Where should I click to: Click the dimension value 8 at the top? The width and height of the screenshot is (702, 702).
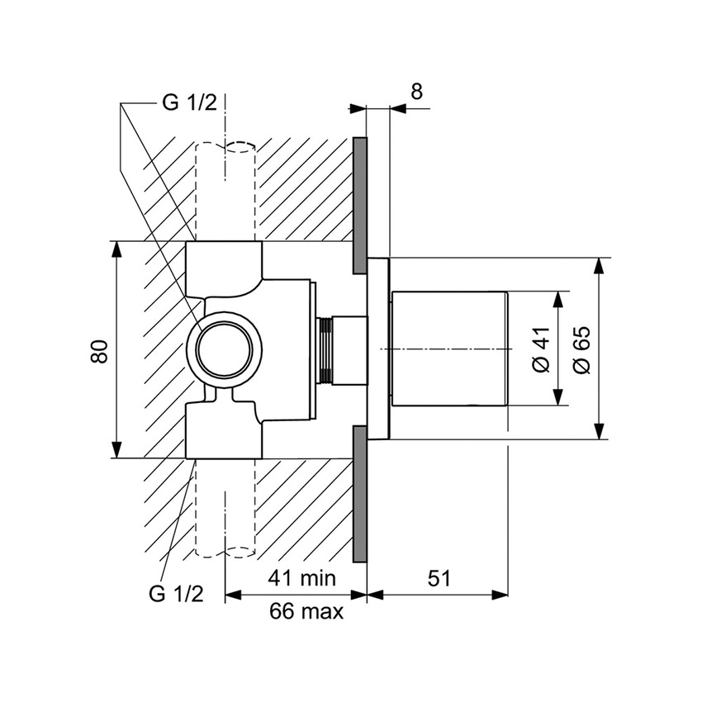point(416,92)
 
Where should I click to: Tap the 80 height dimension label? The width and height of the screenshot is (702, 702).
point(100,349)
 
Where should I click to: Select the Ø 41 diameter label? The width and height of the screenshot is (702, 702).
point(541,349)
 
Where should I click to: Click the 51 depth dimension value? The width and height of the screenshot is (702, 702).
point(439,578)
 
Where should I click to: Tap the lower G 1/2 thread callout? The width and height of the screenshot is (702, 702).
point(175,593)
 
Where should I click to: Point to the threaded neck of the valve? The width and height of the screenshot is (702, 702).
point(325,350)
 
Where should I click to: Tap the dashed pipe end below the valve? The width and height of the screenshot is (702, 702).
point(225,548)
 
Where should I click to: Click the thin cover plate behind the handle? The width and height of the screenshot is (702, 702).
point(378,349)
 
